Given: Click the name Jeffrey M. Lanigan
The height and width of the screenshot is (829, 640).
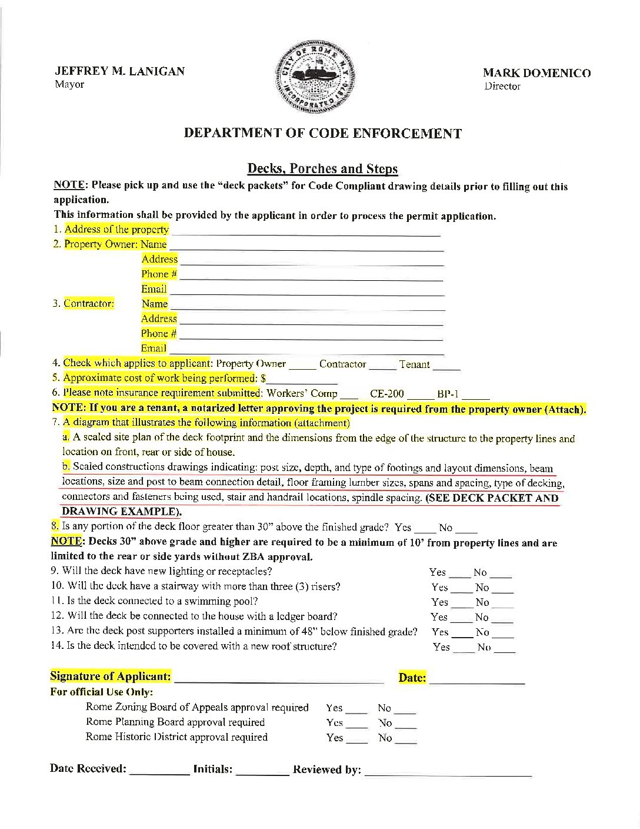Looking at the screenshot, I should coord(119,71).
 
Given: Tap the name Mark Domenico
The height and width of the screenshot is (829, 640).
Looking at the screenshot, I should coord(536,73).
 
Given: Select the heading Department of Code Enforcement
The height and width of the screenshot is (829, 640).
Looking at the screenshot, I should coord(322,133).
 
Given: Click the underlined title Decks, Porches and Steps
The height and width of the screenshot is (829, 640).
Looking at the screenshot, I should coord(322,169).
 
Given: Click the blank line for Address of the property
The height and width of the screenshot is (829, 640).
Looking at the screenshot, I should coord(305,233).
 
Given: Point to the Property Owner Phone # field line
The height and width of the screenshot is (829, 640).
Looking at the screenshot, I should coord(311,278).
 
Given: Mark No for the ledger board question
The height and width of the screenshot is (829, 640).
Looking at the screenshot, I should coord(502,621).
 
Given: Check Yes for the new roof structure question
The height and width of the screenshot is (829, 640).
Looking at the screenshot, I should coord(463,651).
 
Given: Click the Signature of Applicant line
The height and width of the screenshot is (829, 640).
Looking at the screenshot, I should coord(279,681).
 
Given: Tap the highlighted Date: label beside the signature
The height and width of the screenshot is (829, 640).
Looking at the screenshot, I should coord(412,678).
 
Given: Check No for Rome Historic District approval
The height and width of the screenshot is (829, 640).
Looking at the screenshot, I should coord(406,742).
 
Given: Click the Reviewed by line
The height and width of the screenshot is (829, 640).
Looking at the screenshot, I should coord(448,774).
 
